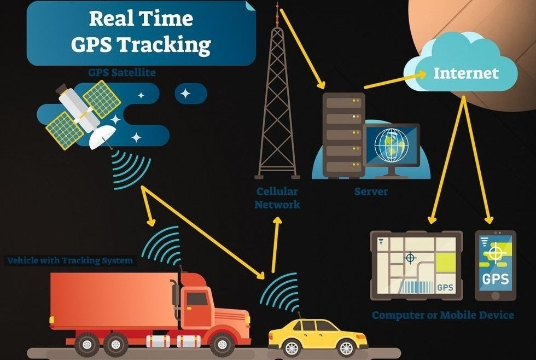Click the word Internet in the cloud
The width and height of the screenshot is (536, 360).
(466, 73)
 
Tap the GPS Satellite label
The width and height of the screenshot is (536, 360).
(122, 72)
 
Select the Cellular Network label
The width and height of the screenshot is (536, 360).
(277, 198)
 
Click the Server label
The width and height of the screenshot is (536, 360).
(371, 191)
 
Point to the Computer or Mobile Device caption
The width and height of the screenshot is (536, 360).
(443, 315)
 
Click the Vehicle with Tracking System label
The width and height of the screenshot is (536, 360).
(70, 260)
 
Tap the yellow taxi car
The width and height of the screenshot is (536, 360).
(318, 338)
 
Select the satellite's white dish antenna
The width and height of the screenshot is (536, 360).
(102, 137)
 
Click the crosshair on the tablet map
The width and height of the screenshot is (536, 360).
(410, 258)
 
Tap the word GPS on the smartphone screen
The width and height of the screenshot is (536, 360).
(496, 279)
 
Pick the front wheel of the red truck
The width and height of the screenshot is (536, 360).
(222, 344)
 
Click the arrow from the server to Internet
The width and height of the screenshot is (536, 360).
(395, 80)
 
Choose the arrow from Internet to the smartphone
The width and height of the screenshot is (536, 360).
(477, 160)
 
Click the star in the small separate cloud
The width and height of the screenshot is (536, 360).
(185, 94)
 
